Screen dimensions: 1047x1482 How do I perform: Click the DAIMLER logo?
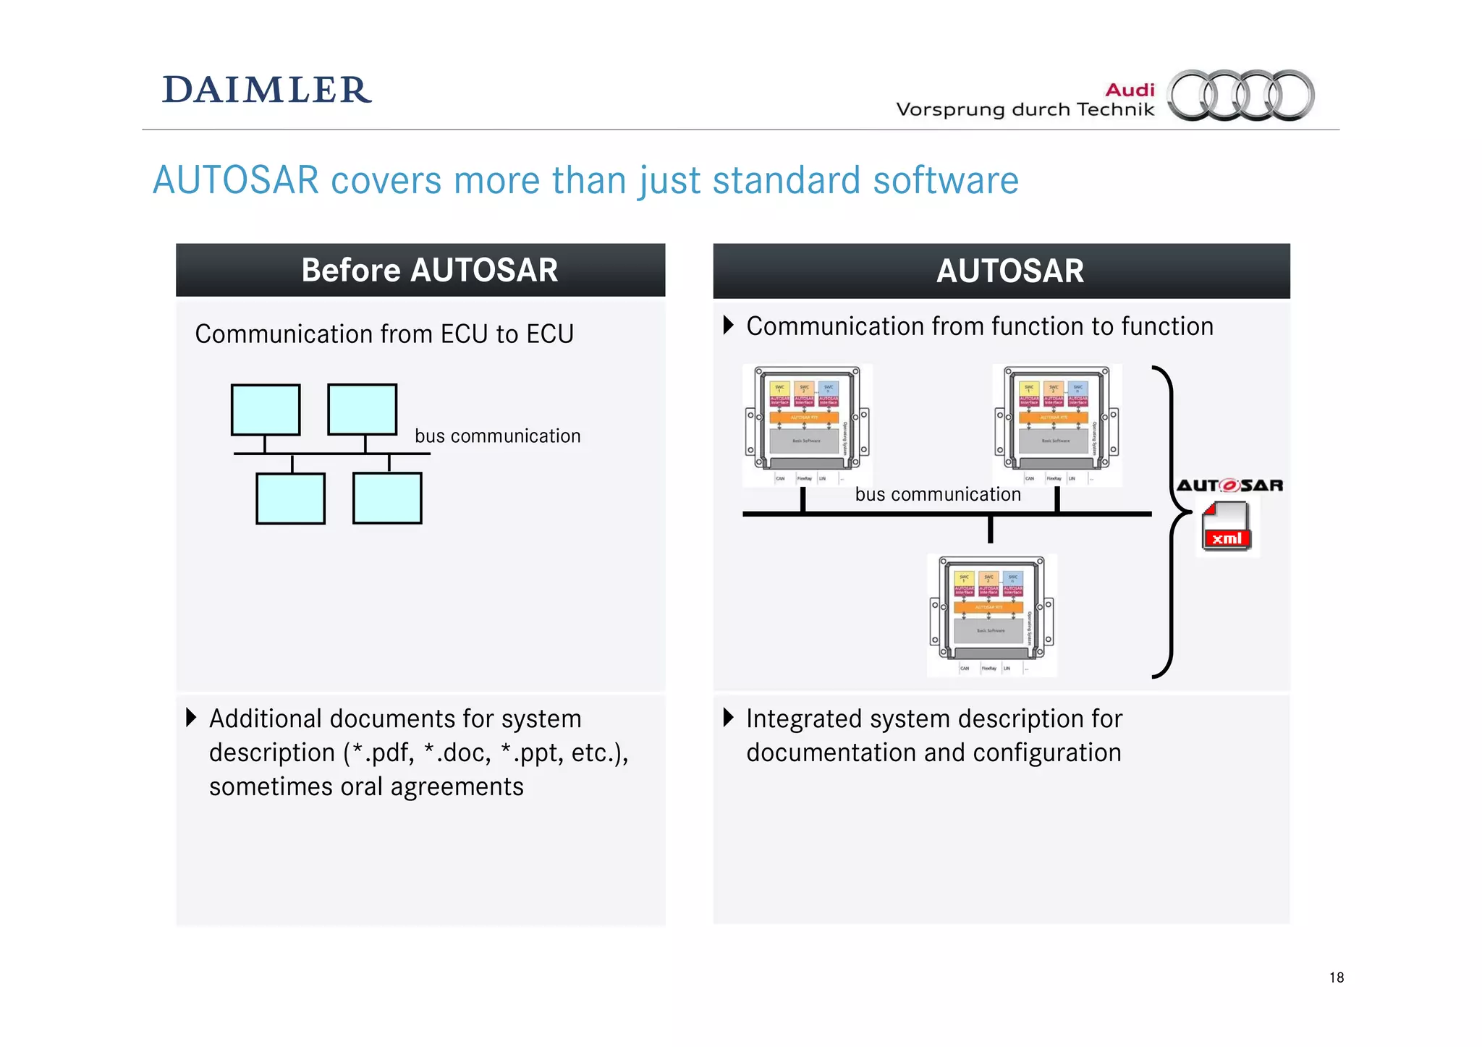(266, 90)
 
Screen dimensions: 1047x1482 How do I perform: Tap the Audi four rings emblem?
(1241, 95)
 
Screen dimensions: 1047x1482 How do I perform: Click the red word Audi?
(1130, 90)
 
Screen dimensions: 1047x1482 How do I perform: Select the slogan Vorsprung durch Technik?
(1025, 110)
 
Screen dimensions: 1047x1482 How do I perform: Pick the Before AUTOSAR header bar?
(420, 270)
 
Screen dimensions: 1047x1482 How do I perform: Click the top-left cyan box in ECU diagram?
(266, 410)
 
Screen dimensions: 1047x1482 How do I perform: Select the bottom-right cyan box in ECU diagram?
(387, 498)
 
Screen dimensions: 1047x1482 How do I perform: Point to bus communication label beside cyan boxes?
(497, 436)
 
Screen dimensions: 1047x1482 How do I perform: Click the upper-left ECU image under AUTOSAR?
(807, 425)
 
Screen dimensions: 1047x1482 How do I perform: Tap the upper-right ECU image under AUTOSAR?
(1057, 425)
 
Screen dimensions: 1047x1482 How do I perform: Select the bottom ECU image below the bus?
(991, 615)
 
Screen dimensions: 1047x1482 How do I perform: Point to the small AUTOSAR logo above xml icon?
(1229, 486)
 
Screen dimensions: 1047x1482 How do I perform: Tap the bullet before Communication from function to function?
(729, 325)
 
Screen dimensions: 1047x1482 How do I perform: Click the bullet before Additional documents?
(191, 718)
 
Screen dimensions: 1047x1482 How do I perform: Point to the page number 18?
(1336, 978)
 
